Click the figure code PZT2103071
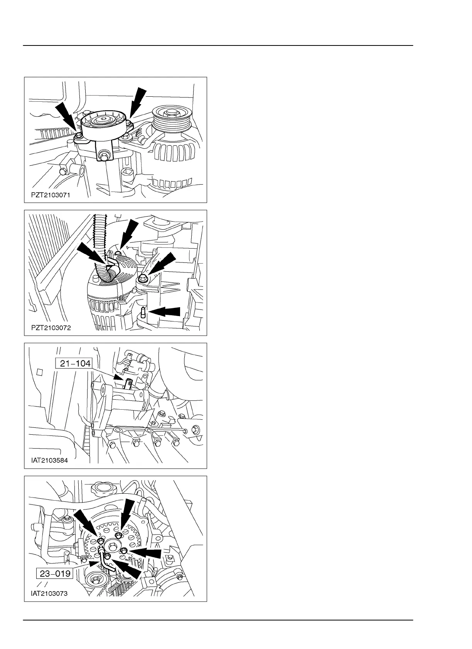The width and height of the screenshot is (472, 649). click(50, 195)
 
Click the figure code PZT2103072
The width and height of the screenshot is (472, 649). click(51, 328)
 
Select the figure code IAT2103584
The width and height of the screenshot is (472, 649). click(50, 461)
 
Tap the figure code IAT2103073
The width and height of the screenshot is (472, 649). click(49, 594)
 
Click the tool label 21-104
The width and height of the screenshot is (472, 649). click(74, 363)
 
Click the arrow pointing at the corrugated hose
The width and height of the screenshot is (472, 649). click(92, 255)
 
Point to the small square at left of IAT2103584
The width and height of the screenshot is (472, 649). click(39, 372)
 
